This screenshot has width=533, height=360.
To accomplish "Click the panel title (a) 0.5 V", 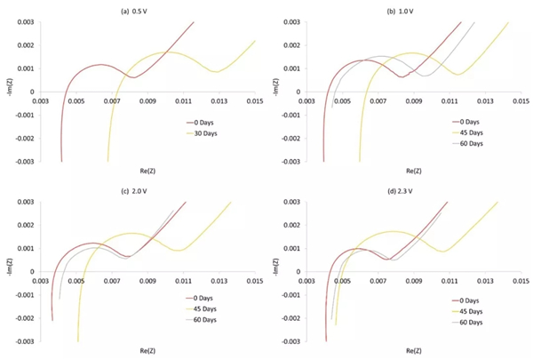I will pyautogui.click(x=143, y=10).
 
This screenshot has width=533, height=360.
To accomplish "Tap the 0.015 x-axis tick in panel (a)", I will pyautogui.click(x=256, y=101).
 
